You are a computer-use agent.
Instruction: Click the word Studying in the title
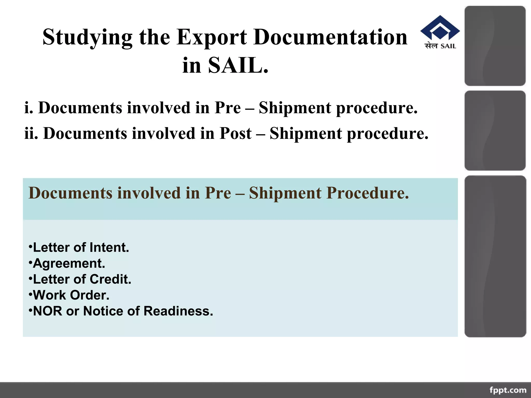(87, 38)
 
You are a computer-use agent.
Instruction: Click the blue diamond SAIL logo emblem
(440, 29)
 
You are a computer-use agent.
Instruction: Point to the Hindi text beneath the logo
(431, 46)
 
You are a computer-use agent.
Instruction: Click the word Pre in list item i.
(228, 108)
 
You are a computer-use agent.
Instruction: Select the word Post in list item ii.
(235, 133)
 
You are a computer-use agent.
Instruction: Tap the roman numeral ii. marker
(31, 133)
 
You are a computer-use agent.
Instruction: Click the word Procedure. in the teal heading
(367, 193)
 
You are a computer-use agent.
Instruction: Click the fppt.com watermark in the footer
(508, 390)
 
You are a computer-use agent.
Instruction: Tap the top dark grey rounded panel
(495, 46)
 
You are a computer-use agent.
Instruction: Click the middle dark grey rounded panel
(495, 131)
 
